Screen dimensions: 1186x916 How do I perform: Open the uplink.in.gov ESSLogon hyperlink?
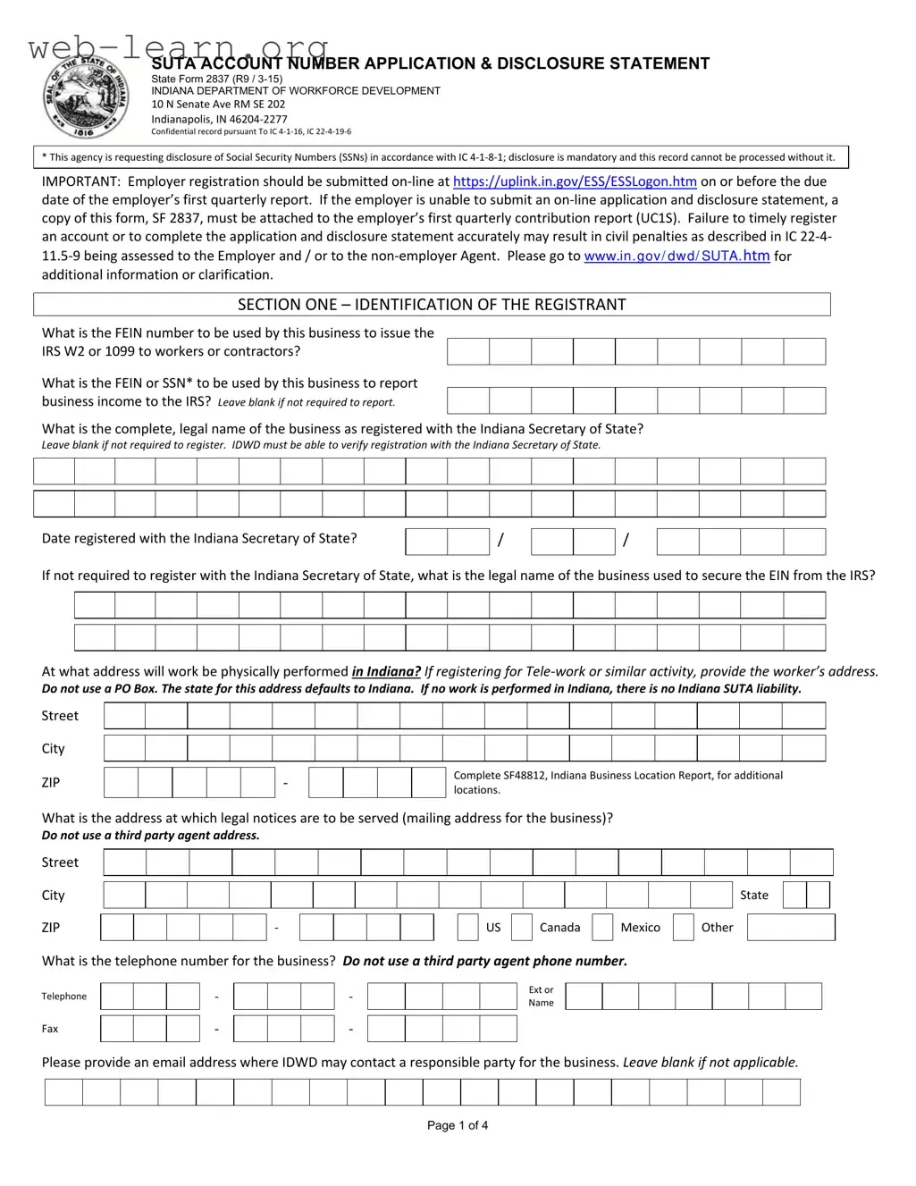(575, 181)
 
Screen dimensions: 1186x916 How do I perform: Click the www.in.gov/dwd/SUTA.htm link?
(676, 257)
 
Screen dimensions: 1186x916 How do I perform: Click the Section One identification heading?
(432, 305)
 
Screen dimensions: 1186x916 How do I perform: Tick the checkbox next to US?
(467, 928)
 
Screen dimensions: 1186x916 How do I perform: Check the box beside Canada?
(522, 928)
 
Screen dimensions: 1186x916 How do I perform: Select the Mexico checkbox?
(603, 928)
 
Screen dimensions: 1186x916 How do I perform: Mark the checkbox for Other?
(684, 928)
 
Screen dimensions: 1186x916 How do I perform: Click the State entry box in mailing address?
(806, 895)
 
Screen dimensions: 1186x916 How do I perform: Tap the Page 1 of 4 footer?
(458, 1125)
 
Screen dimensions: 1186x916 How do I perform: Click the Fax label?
(50, 1029)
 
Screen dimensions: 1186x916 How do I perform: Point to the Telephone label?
(64, 997)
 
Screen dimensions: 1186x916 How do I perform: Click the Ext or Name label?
(541, 997)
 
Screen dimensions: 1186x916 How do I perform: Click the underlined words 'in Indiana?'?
(386, 671)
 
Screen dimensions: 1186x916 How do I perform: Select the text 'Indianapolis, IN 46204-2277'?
(219, 119)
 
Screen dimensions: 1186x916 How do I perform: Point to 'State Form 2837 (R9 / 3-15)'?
(216, 79)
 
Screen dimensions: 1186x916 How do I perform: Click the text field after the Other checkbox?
(791, 928)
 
